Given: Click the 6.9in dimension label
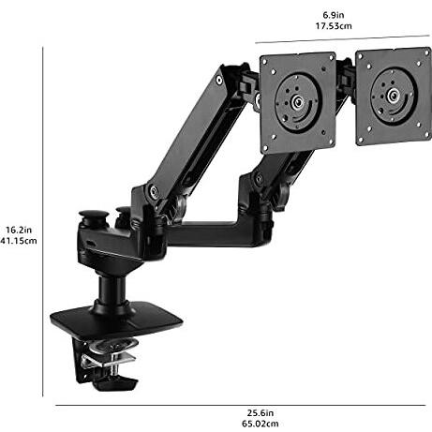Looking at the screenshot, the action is click(x=334, y=15).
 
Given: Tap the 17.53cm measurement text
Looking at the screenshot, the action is click(x=334, y=26).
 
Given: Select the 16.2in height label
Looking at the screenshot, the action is click(x=19, y=230).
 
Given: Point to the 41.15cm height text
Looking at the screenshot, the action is click(x=19, y=241).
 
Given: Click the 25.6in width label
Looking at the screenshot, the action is click(x=261, y=413).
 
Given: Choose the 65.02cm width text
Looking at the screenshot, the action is click(x=261, y=424).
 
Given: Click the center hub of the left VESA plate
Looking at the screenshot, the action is click(x=297, y=102).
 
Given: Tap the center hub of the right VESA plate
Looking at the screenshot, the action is click(x=393, y=95).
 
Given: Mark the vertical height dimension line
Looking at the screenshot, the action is click(x=42, y=222).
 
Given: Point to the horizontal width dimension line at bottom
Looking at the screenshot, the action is click(x=241, y=406).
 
